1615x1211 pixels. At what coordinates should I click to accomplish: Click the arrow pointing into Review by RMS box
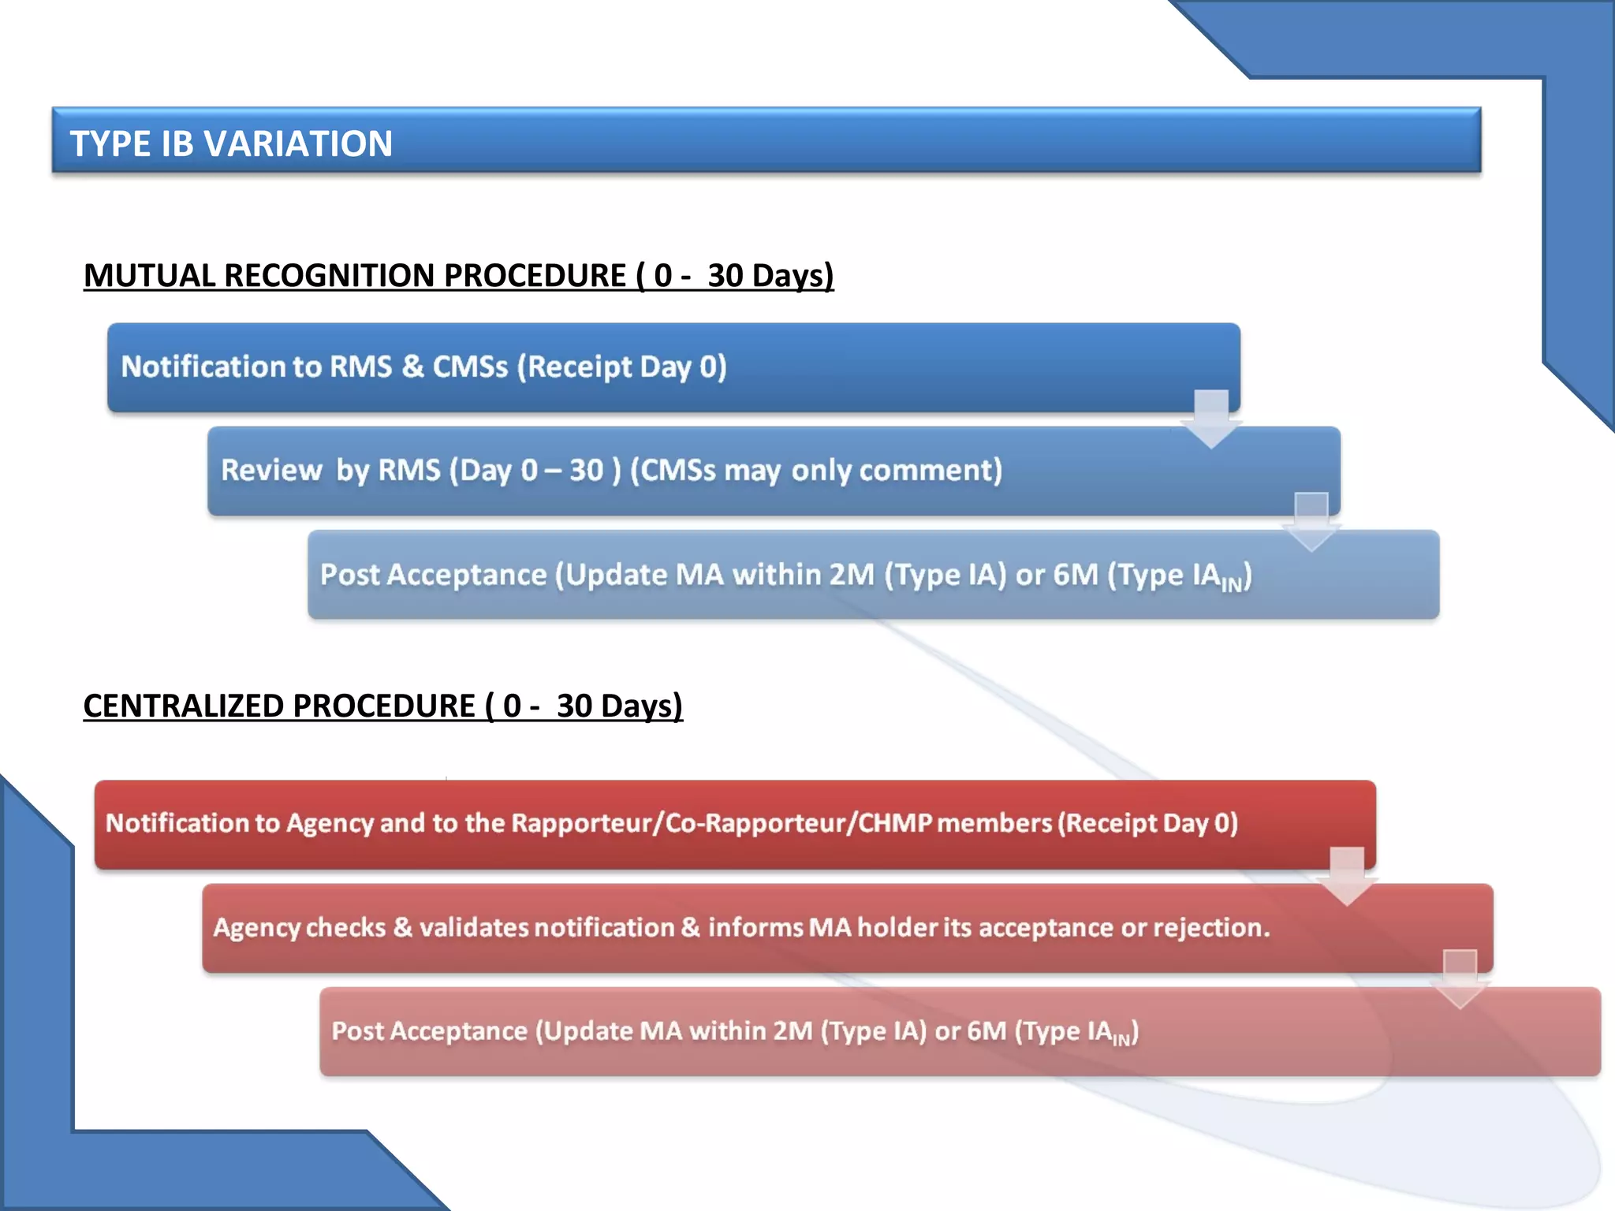(1211, 419)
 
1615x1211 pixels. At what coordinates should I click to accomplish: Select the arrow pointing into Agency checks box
(1347, 876)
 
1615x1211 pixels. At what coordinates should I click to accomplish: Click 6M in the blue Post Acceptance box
(1076, 575)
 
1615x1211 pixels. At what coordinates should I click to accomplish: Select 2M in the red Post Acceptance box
(793, 1031)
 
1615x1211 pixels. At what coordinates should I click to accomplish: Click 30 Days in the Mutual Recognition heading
(770, 276)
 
